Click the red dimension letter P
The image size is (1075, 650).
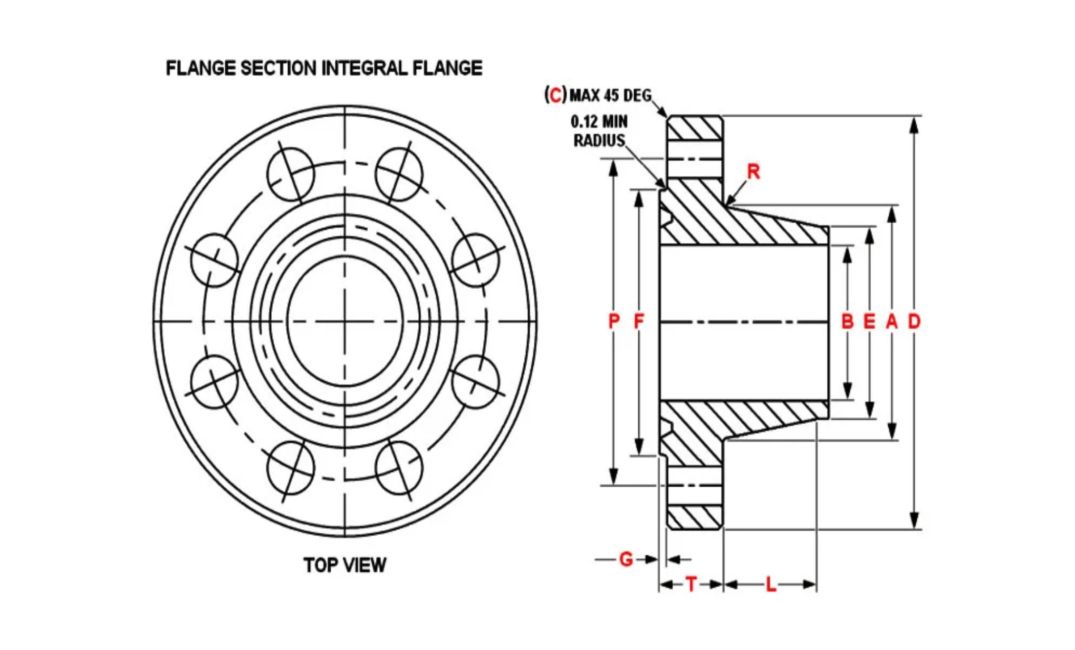[614, 321]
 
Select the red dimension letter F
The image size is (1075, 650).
[639, 321]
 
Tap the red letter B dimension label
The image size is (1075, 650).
[847, 321]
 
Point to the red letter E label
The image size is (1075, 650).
[869, 321]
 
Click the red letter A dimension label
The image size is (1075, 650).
[892, 321]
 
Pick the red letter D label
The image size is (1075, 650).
[914, 321]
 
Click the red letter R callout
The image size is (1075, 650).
[753, 172]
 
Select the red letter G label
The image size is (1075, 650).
[626, 559]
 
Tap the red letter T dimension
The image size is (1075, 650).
[691, 584]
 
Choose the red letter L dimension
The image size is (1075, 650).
[771, 584]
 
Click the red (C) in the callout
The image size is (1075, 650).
[555, 95]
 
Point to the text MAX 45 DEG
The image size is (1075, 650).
[611, 95]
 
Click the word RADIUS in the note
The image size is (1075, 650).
[599, 140]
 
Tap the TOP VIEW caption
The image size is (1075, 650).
[345, 565]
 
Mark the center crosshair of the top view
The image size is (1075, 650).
[345, 321]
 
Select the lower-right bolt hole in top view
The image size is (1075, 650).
[399, 469]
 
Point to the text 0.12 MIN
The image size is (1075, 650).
[599, 121]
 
